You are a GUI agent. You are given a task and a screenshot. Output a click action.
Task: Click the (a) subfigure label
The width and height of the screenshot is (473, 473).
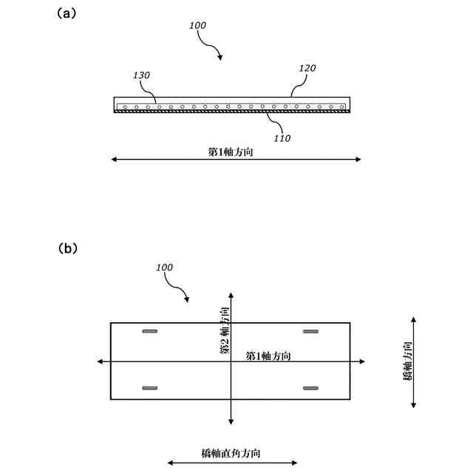pyautogui.click(x=66, y=13)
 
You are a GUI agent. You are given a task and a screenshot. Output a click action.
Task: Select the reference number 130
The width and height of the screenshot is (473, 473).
pyautogui.click(x=141, y=75)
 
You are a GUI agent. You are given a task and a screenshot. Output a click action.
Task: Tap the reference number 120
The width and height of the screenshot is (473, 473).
pyautogui.click(x=307, y=68)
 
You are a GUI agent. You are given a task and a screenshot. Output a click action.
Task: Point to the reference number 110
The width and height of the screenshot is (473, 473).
pyautogui.click(x=282, y=137)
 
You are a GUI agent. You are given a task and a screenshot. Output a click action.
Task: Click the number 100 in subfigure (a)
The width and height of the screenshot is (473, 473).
pyautogui.click(x=197, y=25)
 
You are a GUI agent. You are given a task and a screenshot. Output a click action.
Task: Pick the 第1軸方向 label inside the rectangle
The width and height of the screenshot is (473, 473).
pyautogui.click(x=268, y=355)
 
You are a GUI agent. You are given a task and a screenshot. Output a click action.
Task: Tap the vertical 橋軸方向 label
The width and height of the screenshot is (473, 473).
pyautogui.click(x=407, y=361)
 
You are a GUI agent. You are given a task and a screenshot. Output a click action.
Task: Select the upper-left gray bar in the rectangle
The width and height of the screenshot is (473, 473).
pyautogui.click(x=150, y=331)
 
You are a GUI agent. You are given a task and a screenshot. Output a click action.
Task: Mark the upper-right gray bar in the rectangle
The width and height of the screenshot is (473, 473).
pyautogui.click(x=310, y=331)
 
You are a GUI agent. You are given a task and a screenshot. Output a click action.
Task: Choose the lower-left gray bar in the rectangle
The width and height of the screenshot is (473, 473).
pyautogui.click(x=150, y=387)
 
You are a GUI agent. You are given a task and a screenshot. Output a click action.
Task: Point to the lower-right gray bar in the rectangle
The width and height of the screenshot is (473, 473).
pyautogui.click(x=310, y=387)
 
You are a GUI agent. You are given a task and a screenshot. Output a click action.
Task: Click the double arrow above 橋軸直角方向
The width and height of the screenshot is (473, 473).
pyautogui.click(x=232, y=463)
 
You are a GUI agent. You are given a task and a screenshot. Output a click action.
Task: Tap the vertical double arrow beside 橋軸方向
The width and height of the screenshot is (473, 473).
pyautogui.click(x=413, y=361)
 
